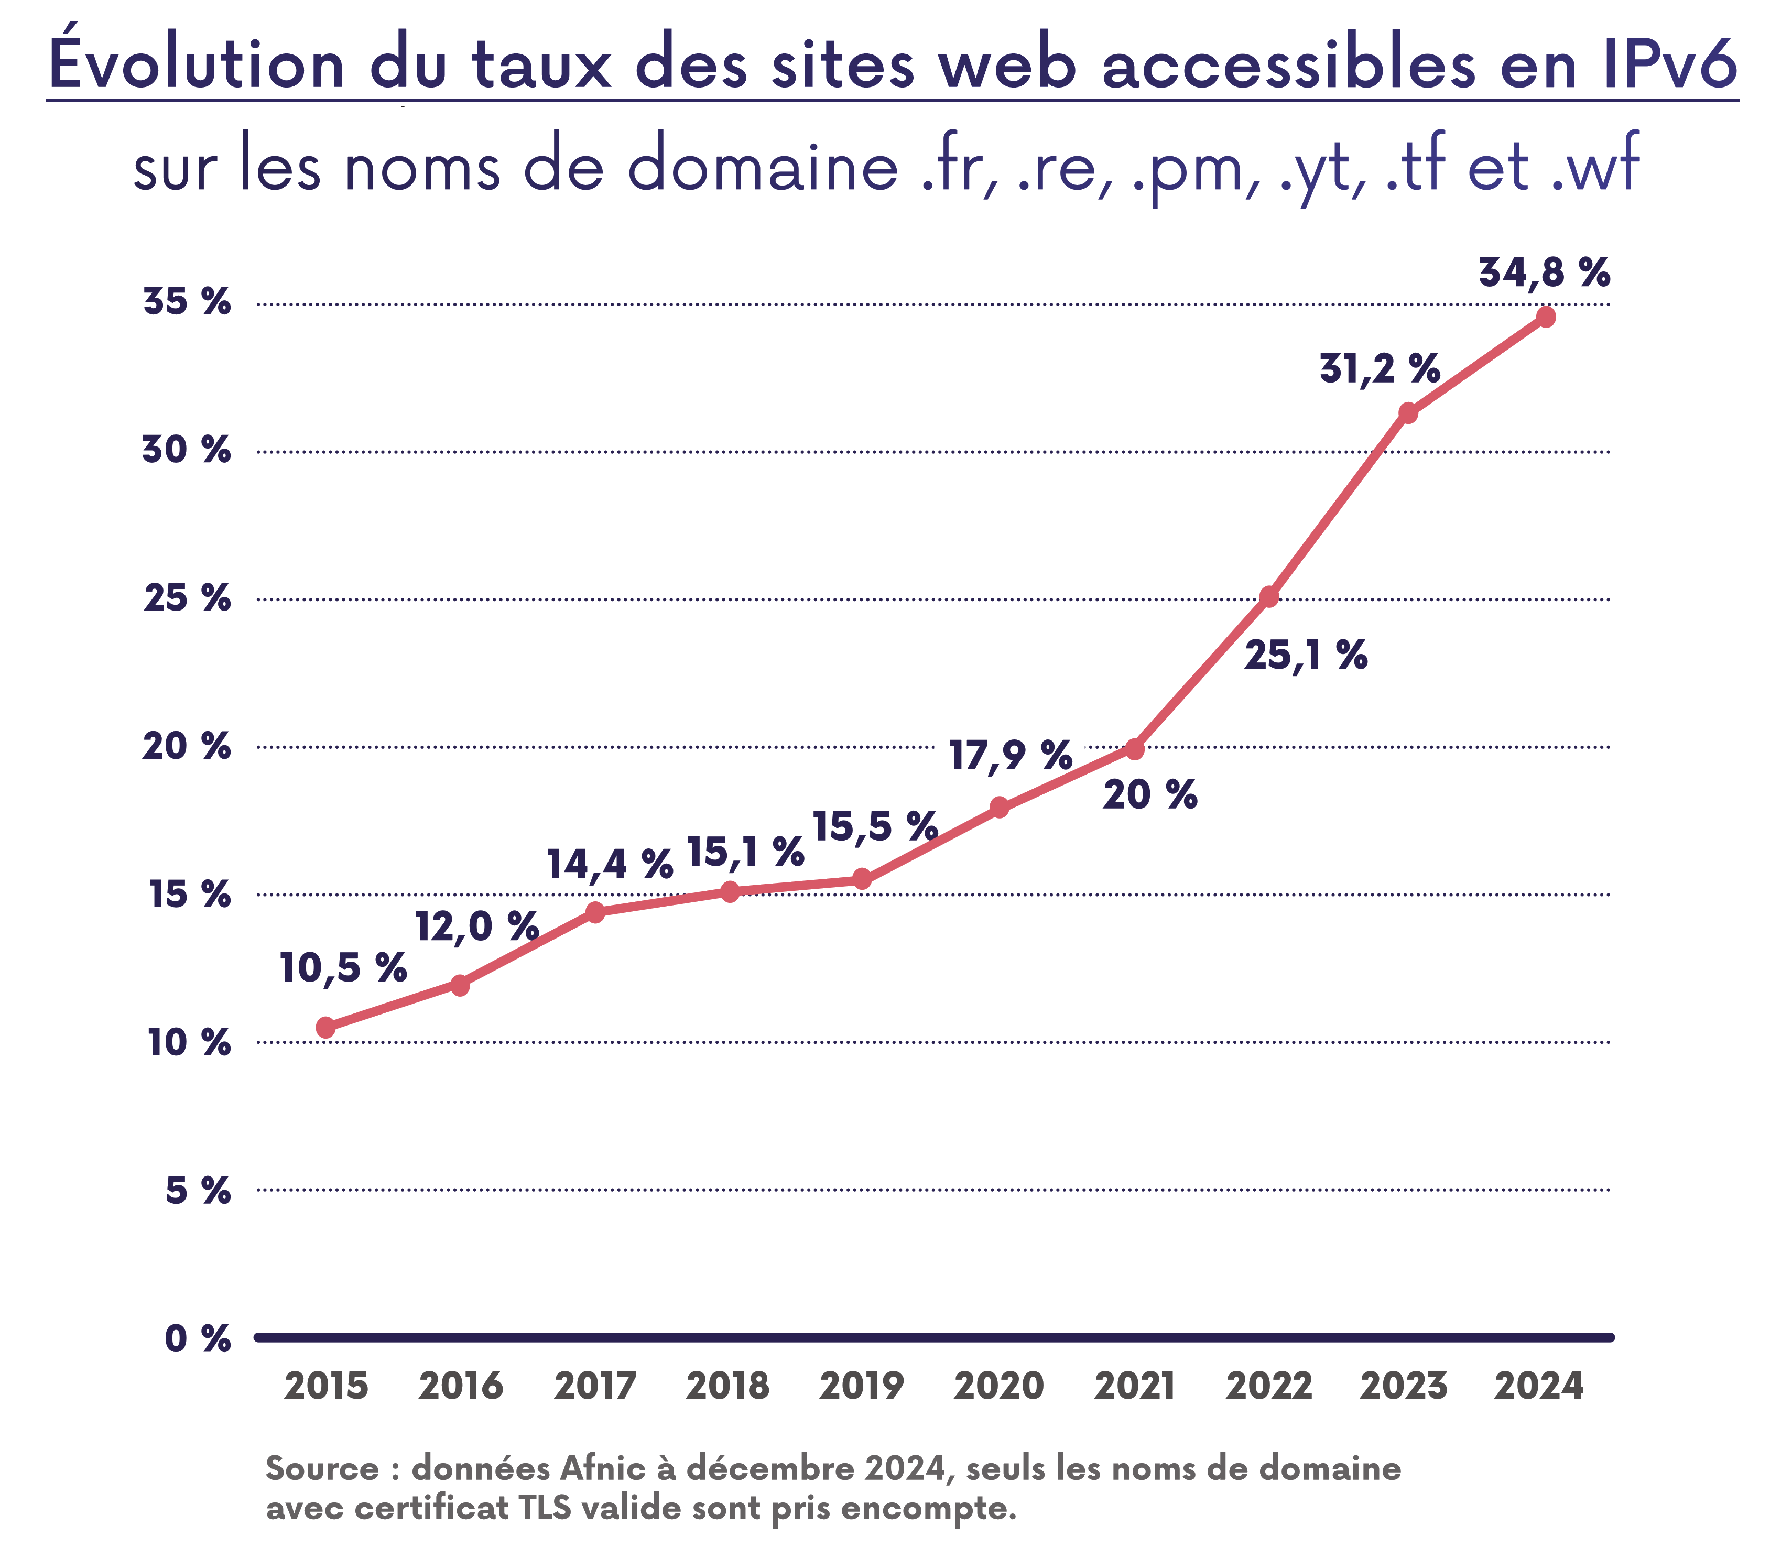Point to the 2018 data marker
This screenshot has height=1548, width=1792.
click(730, 891)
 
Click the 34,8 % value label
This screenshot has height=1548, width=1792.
click(1544, 272)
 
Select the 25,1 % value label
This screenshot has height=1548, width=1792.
click(1306, 657)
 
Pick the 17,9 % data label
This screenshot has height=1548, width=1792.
click(1010, 756)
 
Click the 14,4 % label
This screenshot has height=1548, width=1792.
click(610, 865)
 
